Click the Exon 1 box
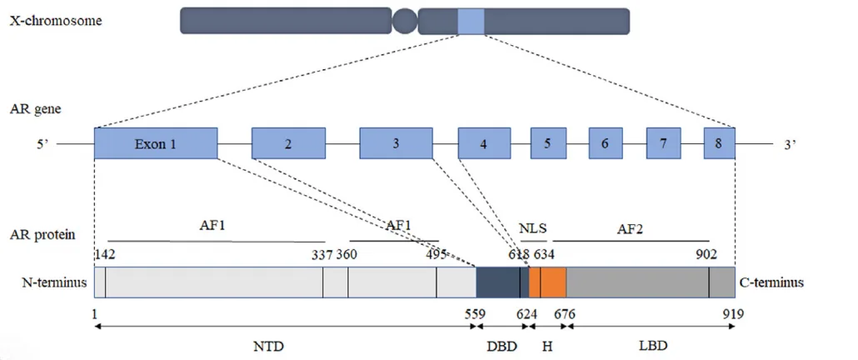click(x=156, y=143)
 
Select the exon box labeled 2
click(x=288, y=143)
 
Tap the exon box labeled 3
click(x=396, y=143)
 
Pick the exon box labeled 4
click(x=483, y=143)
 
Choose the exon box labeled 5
click(x=548, y=143)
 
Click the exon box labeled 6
click(x=606, y=143)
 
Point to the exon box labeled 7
click(x=663, y=143)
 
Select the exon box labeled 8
click(x=719, y=143)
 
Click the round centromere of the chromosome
click(x=405, y=21)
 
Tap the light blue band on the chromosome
click(x=471, y=21)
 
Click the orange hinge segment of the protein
click(x=549, y=282)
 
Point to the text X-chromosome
click(x=56, y=21)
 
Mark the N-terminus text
click(x=54, y=282)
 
